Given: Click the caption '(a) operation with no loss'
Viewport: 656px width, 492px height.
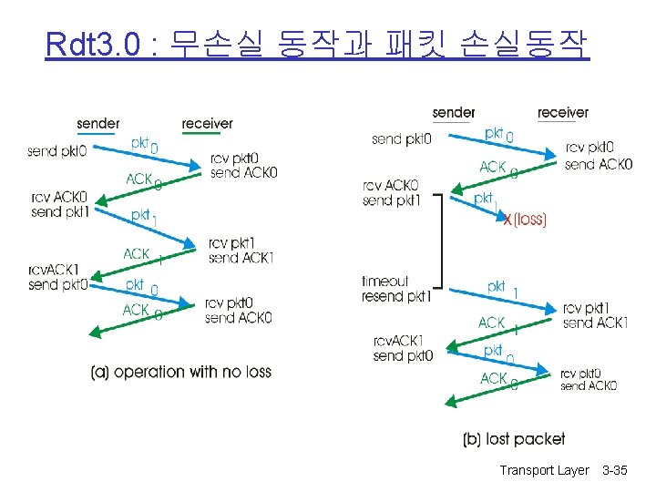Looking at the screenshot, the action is [180, 373].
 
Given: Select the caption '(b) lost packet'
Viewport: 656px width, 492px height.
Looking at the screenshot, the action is [514, 439].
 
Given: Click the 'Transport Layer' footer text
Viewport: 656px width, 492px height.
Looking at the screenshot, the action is [545, 470].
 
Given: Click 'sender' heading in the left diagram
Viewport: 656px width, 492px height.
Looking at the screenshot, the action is [97, 123].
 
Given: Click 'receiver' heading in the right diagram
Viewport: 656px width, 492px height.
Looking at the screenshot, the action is [562, 112].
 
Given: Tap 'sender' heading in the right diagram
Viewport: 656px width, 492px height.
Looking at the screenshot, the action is [453, 112].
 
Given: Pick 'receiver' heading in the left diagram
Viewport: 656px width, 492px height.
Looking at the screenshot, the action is [207, 123].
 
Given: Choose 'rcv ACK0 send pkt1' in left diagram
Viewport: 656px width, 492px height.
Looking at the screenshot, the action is [59, 204].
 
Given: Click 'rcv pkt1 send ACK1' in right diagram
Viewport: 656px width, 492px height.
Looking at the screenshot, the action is [596, 315].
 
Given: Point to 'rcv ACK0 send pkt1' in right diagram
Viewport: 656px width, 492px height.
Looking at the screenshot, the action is [391, 194].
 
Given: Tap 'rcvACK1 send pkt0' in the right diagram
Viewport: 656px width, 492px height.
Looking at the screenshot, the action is [402, 348].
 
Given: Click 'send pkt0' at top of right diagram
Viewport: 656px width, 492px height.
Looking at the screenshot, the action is [402, 139].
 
